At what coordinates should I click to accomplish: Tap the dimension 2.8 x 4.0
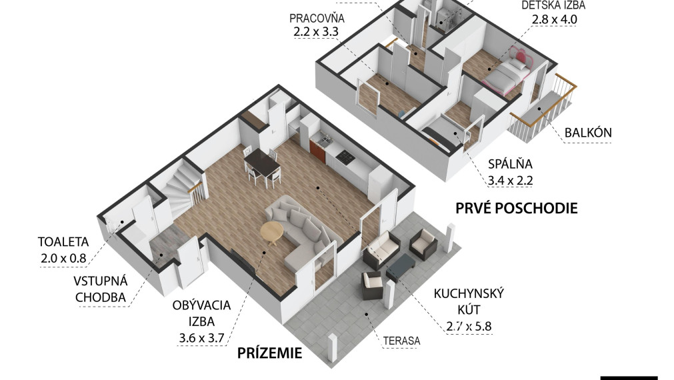553,19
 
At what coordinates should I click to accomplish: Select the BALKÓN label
587,132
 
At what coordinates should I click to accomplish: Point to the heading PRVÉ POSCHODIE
516,208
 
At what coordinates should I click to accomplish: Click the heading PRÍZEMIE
270,353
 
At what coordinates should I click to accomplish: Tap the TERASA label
401,341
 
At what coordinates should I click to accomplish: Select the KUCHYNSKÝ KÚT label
469,302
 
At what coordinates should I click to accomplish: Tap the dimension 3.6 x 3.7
201,338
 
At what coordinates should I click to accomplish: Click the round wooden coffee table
271,233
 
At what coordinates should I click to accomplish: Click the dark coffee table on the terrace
400,266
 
